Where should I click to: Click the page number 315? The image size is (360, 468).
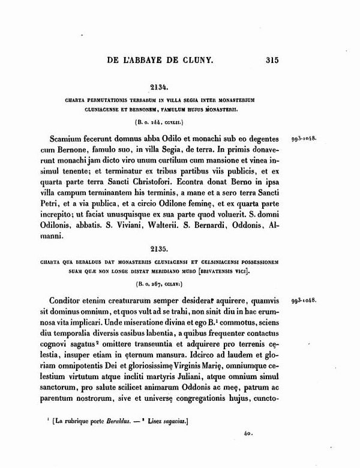tap(272, 59)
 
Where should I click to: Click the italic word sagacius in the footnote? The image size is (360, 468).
tap(171, 423)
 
